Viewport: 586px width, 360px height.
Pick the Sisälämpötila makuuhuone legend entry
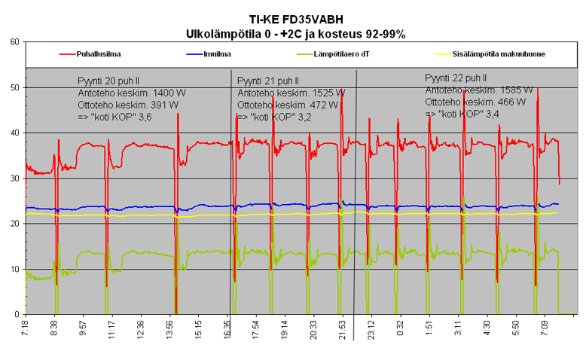tap(501, 54)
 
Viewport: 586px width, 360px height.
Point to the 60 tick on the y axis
tap(14, 42)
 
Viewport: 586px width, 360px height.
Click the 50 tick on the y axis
tap(14, 87)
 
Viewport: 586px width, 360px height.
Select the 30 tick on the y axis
tap(14, 178)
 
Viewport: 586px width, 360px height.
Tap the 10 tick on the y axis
tap(14, 269)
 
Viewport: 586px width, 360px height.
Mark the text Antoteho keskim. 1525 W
tap(291, 93)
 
